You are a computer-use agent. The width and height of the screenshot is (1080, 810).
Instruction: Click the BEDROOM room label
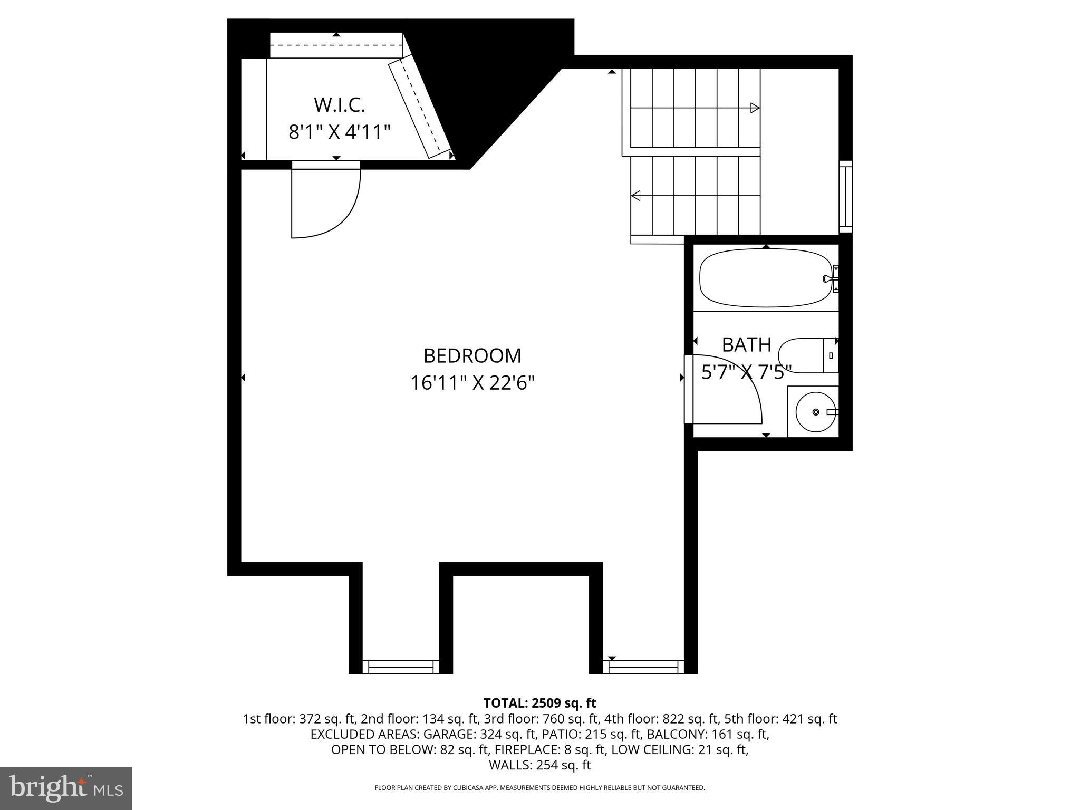tap(472, 356)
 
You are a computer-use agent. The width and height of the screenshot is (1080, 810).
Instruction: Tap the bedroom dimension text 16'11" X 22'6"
tap(472, 383)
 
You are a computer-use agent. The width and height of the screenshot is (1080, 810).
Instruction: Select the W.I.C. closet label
tap(339, 105)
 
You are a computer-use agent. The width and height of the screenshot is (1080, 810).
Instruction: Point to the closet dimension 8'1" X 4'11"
tap(339, 132)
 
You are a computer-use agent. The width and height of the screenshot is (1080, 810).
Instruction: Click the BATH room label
tap(746, 345)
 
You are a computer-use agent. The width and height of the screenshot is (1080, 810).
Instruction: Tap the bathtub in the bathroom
tap(765, 278)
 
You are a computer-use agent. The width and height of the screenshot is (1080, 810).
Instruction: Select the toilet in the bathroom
tap(807, 355)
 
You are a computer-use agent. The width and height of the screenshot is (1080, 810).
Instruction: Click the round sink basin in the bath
tap(815, 412)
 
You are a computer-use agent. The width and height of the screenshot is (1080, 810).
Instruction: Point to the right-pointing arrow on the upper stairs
tap(755, 108)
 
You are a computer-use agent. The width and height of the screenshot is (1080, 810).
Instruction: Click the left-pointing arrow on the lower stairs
tap(636, 196)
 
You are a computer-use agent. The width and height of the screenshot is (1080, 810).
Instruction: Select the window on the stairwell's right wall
tap(845, 196)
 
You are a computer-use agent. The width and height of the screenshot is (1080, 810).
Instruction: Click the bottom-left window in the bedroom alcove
tap(401, 667)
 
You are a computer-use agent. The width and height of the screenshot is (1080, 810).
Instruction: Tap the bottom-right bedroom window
tap(643, 667)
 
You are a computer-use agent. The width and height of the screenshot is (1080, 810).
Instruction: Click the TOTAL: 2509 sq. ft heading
tap(539, 703)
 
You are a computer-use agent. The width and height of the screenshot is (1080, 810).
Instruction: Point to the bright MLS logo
tap(66, 788)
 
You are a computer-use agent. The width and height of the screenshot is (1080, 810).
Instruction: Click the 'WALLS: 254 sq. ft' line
tap(539, 765)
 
